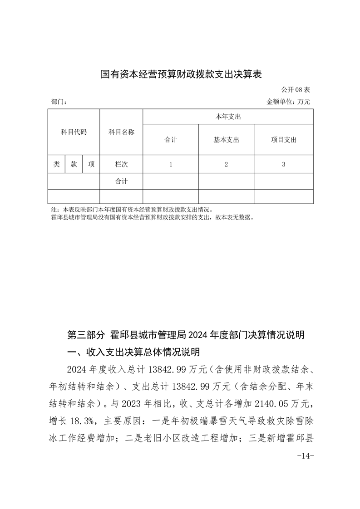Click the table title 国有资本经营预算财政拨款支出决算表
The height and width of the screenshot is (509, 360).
coord(181,74)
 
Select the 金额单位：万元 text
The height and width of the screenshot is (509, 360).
coord(288,103)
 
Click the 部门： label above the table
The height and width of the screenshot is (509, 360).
coord(59,103)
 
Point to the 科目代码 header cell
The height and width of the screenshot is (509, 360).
coord(74,132)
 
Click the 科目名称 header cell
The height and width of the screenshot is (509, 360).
coord(121,132)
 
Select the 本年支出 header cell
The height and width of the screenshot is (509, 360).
coord(228,117)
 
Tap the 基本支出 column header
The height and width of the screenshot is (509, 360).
coord(226,140)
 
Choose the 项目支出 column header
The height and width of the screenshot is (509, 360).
coord(283,140)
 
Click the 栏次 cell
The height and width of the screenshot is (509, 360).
coord(121,165)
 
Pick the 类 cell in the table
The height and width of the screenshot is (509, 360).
coord(56,165)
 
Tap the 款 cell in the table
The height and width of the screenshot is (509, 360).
coord(74,165)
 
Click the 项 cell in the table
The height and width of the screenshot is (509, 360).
coord(91,165)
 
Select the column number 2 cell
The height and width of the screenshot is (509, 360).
coord(226,165)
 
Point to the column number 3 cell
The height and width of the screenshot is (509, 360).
coord(283,165)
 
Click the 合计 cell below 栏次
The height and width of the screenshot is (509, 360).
coord(121,181)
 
